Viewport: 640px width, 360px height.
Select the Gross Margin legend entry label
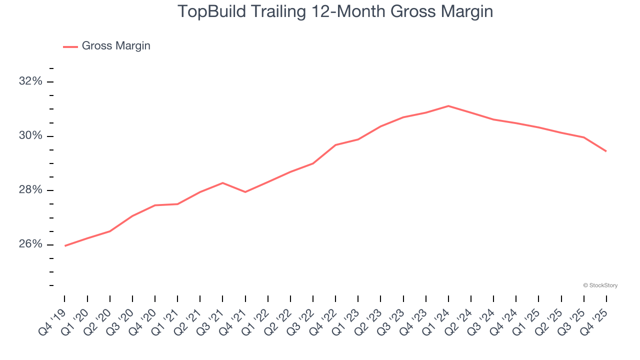[x=116, y=46]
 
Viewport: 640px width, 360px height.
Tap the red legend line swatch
[x=70, y=46]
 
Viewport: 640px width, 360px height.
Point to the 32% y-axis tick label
[x=30, y=81]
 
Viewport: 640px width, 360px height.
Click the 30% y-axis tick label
[x=30, y=136]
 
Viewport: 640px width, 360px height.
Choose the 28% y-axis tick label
[x=30, y=190]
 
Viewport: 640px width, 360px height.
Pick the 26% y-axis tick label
[x=30, y=244]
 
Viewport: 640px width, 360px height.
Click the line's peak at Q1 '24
[x=448, y=106]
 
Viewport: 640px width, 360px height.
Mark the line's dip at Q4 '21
[x=245, y=192]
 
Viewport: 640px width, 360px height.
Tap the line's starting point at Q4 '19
[x=65, y=246]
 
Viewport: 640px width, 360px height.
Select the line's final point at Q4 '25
[x=606, y=151]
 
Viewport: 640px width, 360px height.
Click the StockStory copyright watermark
[x=600, y=285]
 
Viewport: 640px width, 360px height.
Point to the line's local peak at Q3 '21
[x=222, y=183]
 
